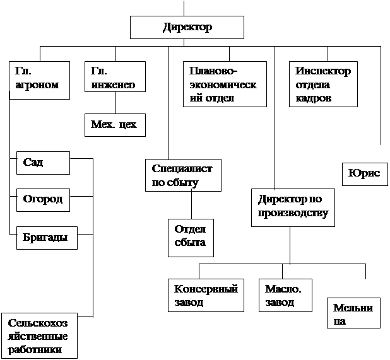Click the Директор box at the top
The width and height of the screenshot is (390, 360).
tap(187, 27)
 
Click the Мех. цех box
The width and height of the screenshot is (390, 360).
tap(114, 124)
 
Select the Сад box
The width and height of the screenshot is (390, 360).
tap(43, 163)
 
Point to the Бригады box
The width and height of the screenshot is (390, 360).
tap(45, 238)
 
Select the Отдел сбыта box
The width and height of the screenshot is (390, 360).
tap(191, 237)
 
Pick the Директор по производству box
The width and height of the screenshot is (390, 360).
tap(292, 206)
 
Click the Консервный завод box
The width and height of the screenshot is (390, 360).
tap(206, 295)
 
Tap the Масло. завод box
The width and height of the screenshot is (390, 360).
tap(285, 295)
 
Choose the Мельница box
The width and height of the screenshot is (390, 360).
tap(353, 313)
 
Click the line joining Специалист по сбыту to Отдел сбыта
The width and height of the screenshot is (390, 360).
tap(191, 205)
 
